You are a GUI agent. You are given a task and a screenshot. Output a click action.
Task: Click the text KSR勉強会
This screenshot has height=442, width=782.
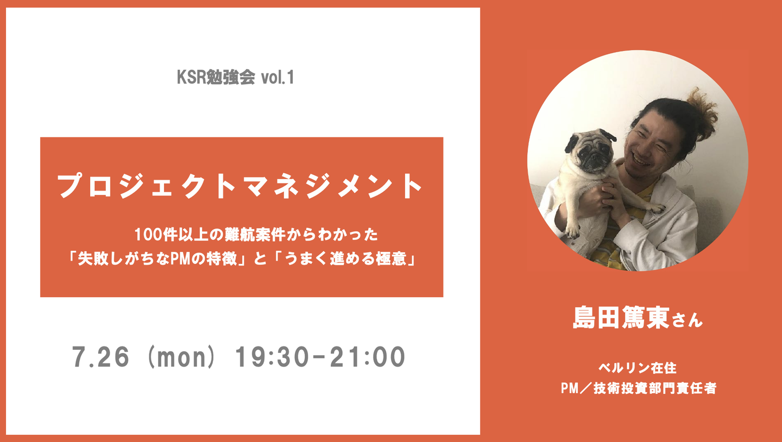[216, 77]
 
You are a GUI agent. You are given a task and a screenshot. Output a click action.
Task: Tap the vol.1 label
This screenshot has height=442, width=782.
[278, 77]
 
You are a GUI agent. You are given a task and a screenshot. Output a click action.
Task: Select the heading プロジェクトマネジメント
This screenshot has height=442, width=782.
[240, 186]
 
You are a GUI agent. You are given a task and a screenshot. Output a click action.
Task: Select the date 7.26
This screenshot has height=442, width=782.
[100, 357]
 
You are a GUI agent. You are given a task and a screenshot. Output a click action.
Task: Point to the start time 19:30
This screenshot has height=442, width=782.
[273, 357]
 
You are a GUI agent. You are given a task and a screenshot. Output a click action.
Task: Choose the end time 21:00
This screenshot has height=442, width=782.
[368, 357]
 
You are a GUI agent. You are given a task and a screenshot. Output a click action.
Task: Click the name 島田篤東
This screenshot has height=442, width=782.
[621, 318]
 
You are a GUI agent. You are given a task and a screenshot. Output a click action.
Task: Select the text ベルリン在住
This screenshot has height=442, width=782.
[638, 368]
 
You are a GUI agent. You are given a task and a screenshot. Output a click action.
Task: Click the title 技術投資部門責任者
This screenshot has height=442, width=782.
[655, 388]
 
